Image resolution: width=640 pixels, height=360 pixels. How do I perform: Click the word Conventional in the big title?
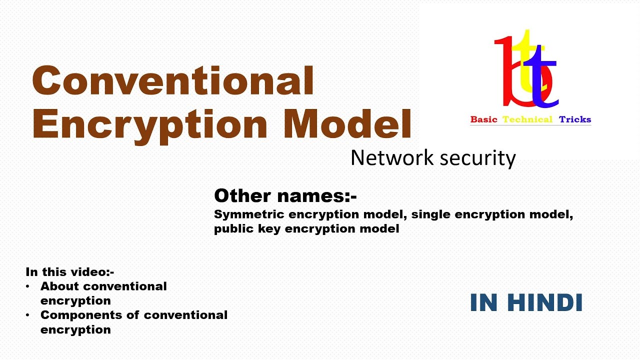(173, 80)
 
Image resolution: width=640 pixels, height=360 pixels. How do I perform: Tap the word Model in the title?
(348, 123)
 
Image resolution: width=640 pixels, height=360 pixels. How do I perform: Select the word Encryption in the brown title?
(150, 124)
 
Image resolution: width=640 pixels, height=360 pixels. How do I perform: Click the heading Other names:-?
(285, 196)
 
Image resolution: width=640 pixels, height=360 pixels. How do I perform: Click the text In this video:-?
(70, 272)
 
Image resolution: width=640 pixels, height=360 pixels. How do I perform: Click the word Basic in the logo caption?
(484, 119)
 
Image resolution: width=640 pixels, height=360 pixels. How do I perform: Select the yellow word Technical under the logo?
(527, 119)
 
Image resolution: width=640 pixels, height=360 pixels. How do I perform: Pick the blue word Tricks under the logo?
(575, 119)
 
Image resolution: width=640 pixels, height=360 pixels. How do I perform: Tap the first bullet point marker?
(29, 286)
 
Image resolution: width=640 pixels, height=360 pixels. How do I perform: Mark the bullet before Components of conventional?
(29, 315)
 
